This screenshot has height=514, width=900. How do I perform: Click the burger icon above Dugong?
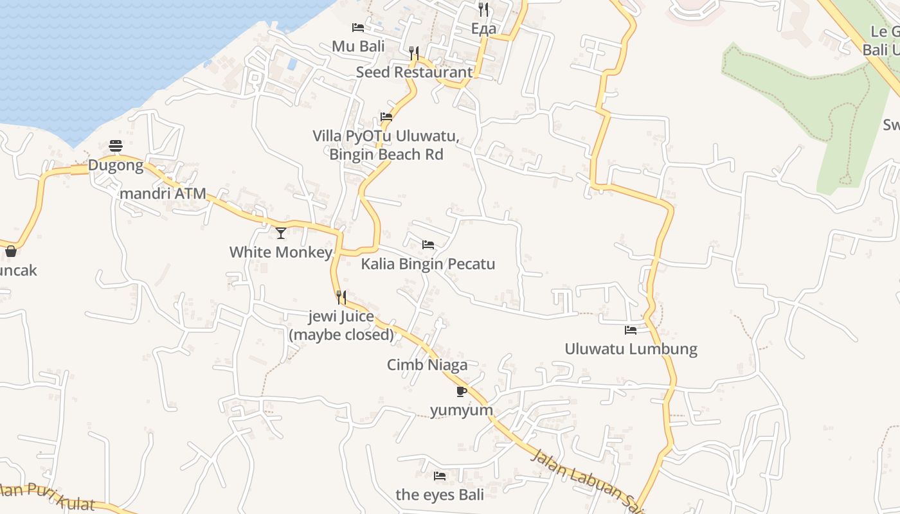(116, 146)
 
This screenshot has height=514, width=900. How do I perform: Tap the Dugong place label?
(116, 165)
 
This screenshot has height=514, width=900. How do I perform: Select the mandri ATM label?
(163, 193)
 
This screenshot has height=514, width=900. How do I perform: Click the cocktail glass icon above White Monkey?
(281, 233)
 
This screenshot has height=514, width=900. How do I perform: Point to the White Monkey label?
(280, 252)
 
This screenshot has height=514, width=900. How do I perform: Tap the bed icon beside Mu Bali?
(358, 28)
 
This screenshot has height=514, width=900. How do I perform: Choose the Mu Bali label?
(358, 46)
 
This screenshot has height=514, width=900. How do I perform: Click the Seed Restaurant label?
(414, 72)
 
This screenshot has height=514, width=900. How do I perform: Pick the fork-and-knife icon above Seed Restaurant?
(414, 53)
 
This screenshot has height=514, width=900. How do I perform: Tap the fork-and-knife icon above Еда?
(483, 10)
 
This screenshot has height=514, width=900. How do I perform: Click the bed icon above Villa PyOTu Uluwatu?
(386, 117)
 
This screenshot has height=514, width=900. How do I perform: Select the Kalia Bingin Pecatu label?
(428, 264)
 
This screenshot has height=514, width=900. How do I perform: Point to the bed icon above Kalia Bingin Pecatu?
(428, 245)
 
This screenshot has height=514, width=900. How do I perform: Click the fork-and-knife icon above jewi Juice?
(341, 297)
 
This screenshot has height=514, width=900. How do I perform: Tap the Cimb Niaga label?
(427, 365)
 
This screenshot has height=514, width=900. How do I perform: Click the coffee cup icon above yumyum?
(462, 391)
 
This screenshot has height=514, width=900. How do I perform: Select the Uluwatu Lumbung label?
(631, 349)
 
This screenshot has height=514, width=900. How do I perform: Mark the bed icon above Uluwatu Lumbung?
(631, 330)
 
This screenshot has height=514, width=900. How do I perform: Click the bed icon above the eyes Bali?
(440, 476)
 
